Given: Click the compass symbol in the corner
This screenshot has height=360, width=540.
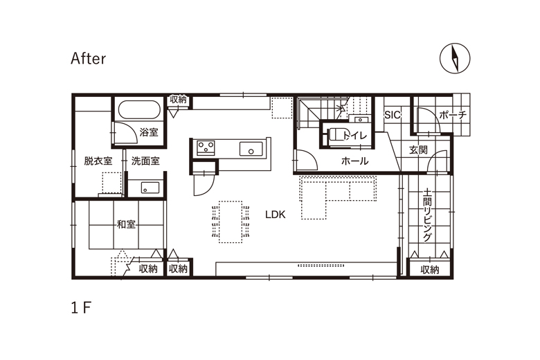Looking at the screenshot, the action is pyautogui.click(x=455, y=58).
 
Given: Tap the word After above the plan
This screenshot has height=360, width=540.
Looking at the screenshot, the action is pyautogui.click(x=88, y=59).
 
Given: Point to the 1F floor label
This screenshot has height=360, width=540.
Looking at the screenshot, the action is pyautogui.click(x=81, y=307).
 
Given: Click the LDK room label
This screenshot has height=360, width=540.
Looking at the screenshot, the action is pyautogui.click(x=276, y=215).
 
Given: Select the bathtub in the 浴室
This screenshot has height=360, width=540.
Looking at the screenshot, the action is pyautogui.click(x=139, y=110).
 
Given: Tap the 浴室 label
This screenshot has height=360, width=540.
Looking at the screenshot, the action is pyautogui.click(x=149, y=132).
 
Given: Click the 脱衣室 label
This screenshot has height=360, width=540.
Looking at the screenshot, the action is pyautogui.click(x=98, y=161).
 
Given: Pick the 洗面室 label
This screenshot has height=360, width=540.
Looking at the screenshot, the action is pyautogui.click(x=145, y=161).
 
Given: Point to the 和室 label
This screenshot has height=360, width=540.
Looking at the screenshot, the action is pyautogui.click(x=126, y=224).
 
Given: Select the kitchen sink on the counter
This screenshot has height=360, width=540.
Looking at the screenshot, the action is pyautogui.click(x=251, y=149).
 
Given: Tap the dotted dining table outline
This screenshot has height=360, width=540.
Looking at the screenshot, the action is pyautogui.click(x=231, y=222).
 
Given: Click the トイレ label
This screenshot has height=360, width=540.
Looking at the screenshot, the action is pyautogui.click(x=355, y=136).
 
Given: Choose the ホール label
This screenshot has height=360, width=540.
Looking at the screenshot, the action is pyautogui.click(x=354, y=161).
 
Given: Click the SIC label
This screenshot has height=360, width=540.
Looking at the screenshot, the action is pyautogui.click(x=393, y=114).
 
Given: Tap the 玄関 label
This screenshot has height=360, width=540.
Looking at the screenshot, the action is pyautogui.click(x=418, y=150).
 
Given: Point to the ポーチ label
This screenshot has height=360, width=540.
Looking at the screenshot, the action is pyautogui.click(x=453, y=115).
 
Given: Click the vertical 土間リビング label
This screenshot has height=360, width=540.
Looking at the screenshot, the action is pyautogui.click(x=427, y=215).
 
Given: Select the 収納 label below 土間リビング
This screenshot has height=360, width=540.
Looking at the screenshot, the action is pyautogui.click(x=430, y=270).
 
